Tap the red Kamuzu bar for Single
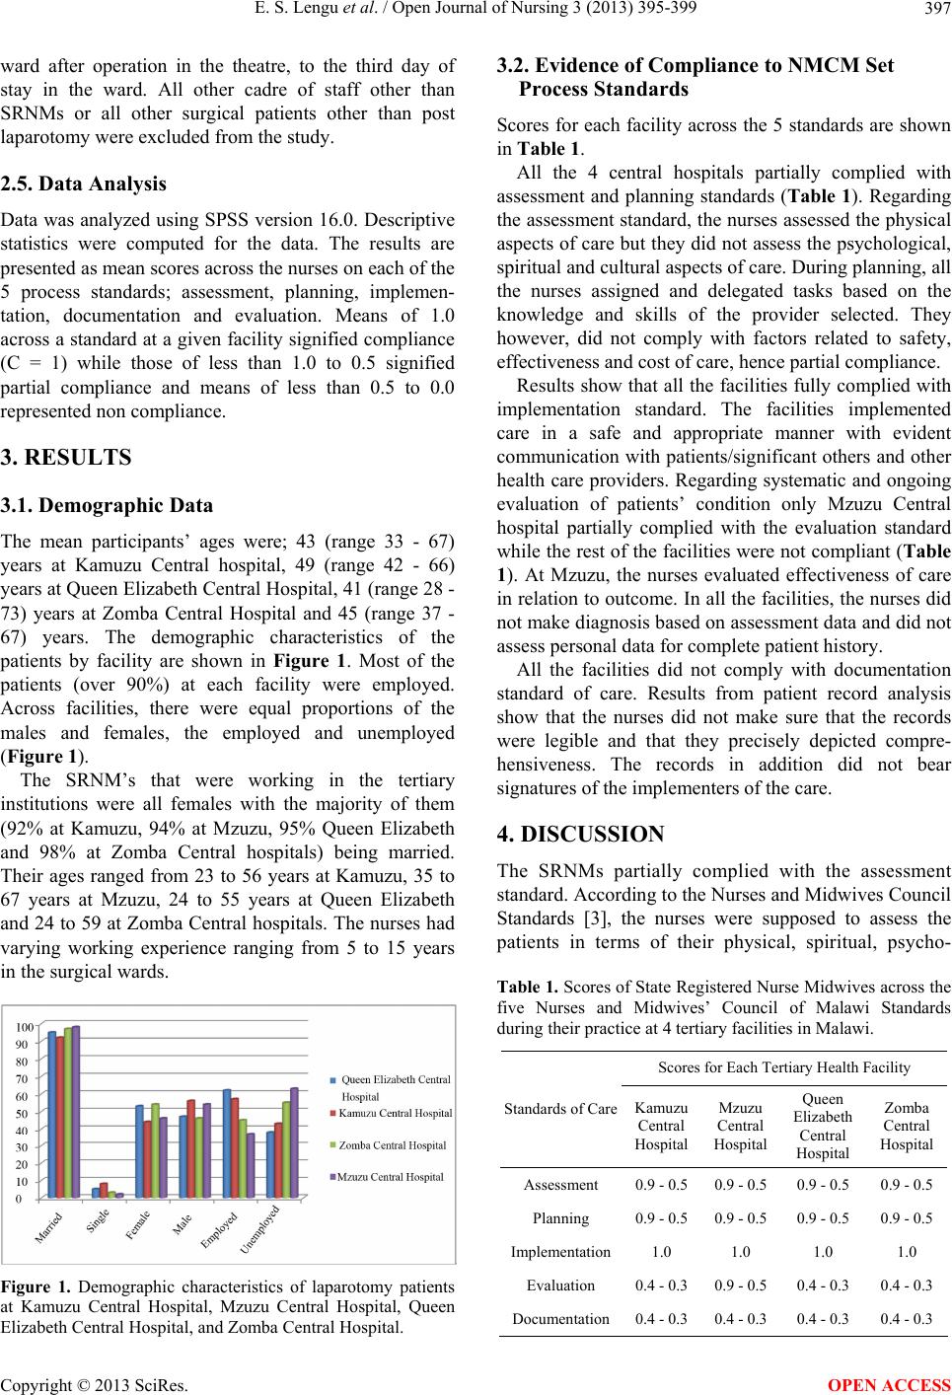[x=105, y=1191]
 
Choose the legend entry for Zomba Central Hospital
[x=392, y=1145]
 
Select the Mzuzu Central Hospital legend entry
[x=391, y=1177]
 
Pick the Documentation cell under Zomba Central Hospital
[x=906, y=1318]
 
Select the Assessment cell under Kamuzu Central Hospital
[x=661, y=1185]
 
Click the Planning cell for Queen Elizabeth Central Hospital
[x=822, y=1217]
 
